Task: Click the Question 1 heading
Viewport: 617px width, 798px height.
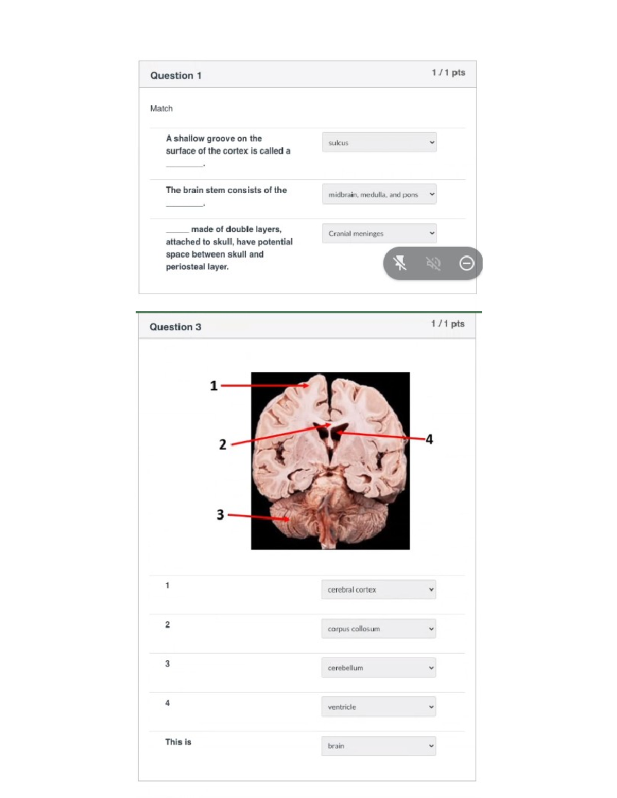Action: pyautogui.click(x=176, y=76)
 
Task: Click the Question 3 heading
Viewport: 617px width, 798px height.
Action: pyautogui.click(x=175, y=327)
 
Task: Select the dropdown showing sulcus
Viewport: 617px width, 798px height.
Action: pyautogui.click(x=379, y=142)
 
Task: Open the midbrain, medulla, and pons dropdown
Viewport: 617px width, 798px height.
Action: pyautogui.click(x=379, y=194)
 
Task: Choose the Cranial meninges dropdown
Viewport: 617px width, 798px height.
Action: pyautogui.click(x=379, y=233)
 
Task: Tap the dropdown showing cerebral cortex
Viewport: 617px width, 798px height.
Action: pyautogui.click(x=378, y=589)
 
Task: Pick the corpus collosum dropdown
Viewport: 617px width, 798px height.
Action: pyautogui.click(x=378, y=628)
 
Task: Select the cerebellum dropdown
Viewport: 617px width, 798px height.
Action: pyautogui.click(x=378, y=667)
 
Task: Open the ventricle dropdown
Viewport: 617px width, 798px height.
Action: pyautogui.click(x=378, y=707)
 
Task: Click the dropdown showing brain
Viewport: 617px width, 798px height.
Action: pyautogui.click(x=378, y=746)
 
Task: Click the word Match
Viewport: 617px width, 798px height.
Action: pyautogui.click(x=161, y=108)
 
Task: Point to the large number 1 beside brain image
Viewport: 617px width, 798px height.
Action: pyautogui.click(x=214, y=385)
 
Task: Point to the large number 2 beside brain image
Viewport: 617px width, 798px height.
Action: pyautogui.click(x=223, y=444)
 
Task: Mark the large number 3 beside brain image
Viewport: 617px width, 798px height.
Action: pyautogui.click(x=220, y=514)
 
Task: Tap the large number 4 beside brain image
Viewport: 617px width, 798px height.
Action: pyautogui.click(x=429, y=439)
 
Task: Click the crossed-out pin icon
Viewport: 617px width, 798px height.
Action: pyautogui.click(x=400, y=264)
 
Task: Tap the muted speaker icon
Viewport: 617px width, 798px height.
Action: pyautogui.click(x=433, y=264)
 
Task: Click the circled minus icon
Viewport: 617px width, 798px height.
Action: pyautogui.click(x=466, y=264)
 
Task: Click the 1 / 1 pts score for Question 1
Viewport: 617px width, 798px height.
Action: pyautogui.click(x=448, y=72)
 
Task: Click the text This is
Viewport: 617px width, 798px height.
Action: pyautogui.click(x=178, y=742)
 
